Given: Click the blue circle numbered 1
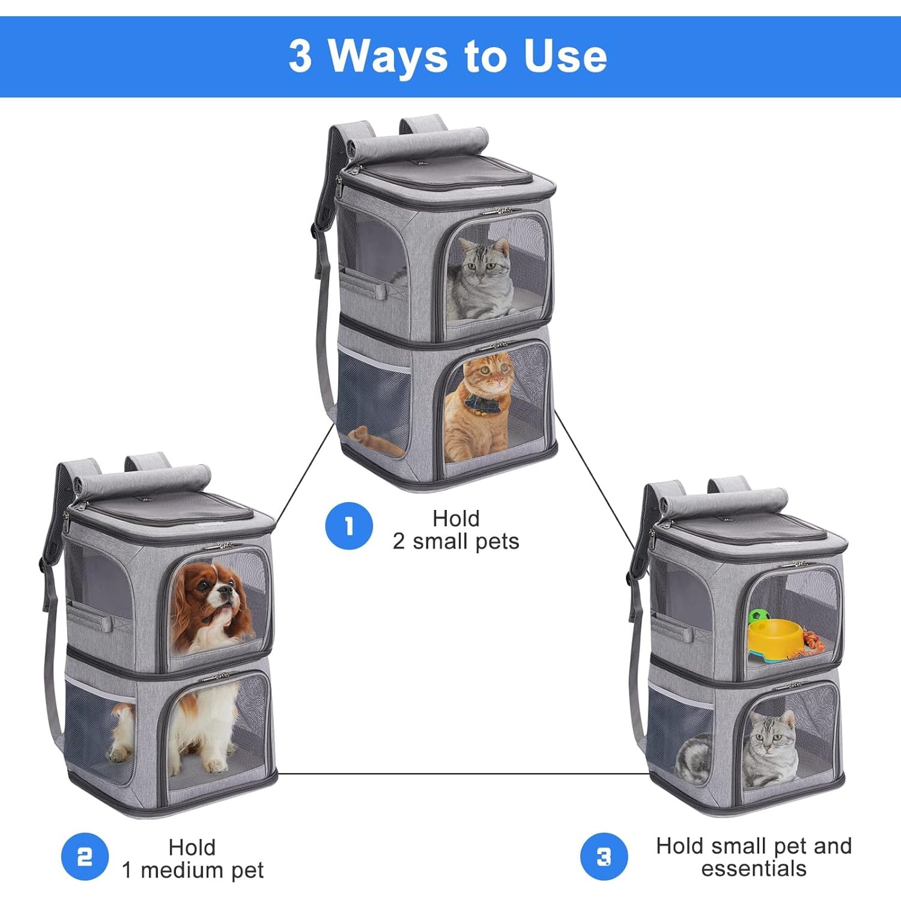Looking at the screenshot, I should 349,526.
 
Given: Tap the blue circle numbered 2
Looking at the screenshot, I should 85,857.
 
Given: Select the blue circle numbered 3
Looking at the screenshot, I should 604,857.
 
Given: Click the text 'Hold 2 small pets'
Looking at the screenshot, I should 456,530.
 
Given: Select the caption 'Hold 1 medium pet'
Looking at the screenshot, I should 192,858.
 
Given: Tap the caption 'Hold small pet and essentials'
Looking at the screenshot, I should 753,857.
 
